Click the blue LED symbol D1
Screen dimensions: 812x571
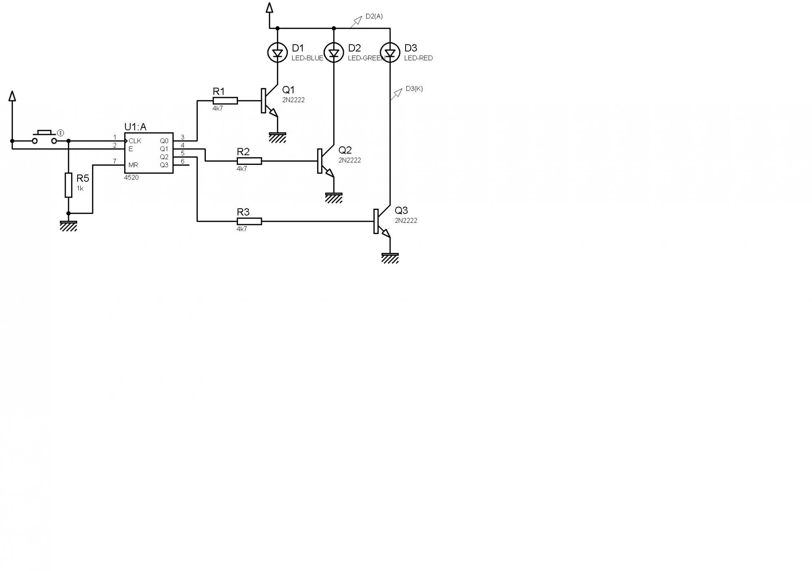click(277, 53)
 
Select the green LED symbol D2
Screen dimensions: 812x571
click(334, 53)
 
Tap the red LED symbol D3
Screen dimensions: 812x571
click(390, 53)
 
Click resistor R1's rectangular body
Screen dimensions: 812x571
click(225, 101)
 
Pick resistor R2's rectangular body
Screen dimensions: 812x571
click(249, 161)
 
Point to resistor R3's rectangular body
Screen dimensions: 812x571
click(249, 221)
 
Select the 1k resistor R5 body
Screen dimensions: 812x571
click(69, 185)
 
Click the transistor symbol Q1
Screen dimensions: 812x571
click(268, 101)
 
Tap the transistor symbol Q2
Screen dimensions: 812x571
click(324, 161)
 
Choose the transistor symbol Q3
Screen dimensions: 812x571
click(381, 221)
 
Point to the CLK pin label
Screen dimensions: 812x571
click(135, 141)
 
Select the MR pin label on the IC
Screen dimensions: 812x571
click(133, 165)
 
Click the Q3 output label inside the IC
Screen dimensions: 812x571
click(164, 165)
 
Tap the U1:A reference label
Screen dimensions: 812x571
click(135, 127)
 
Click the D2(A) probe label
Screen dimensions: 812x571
click(374, 16)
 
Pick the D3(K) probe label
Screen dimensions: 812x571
click(414, 89)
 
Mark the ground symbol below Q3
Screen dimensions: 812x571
click(390, 258)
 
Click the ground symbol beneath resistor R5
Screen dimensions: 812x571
click(69, 226)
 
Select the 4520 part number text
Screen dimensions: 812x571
click(131, 177)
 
